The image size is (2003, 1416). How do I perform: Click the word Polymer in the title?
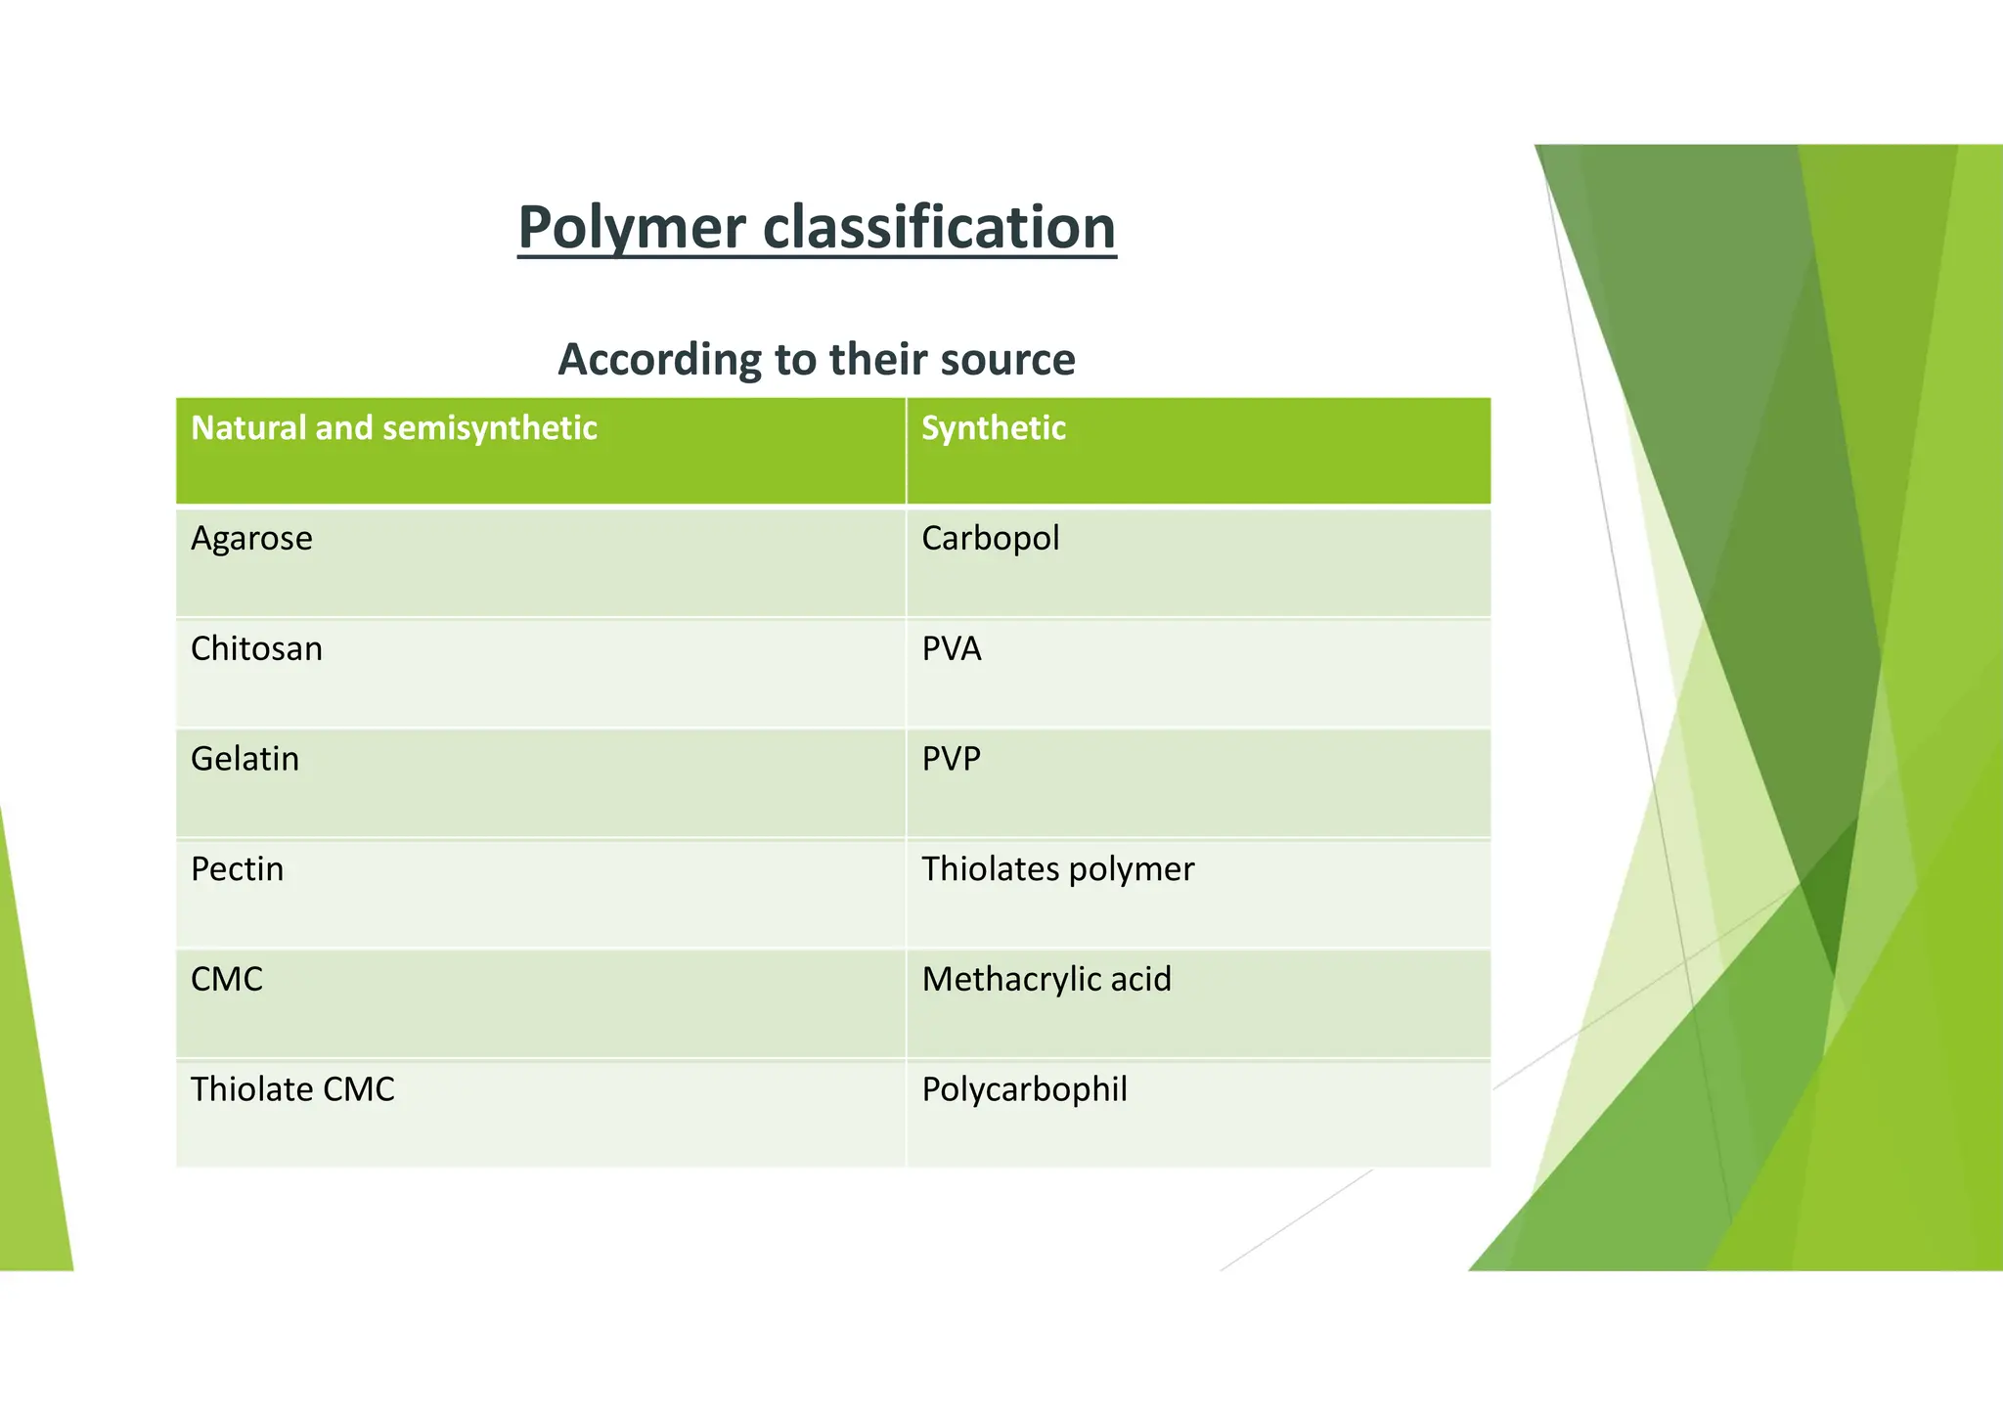click(x=632, y=228)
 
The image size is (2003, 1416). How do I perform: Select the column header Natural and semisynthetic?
click(x=393, y=428)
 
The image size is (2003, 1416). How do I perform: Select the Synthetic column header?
click(x=993, y=428)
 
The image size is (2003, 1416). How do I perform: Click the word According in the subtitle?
click(x=658, y=360)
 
